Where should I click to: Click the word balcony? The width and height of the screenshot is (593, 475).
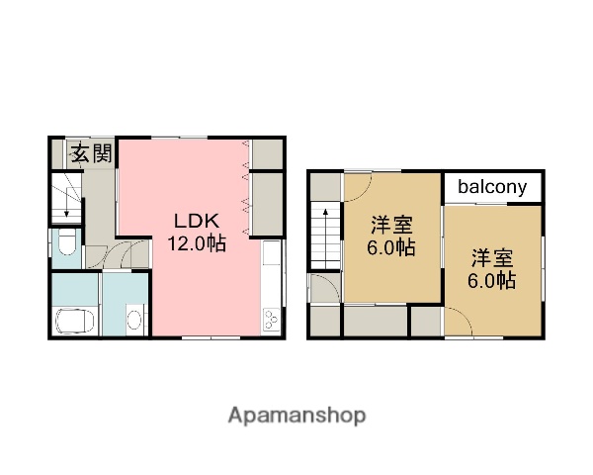click(492, 186)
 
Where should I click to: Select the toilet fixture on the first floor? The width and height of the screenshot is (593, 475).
click(66, 242)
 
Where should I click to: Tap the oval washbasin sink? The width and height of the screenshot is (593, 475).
click(133, 318)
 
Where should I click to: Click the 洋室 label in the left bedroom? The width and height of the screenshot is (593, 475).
click(391, 225)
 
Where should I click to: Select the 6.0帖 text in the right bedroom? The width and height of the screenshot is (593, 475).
click(491, 281)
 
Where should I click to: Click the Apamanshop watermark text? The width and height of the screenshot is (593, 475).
click(296, 415)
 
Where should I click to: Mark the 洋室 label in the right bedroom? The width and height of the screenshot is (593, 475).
click(491, 258)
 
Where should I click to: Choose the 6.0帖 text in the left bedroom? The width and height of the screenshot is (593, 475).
click(392, 247)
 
